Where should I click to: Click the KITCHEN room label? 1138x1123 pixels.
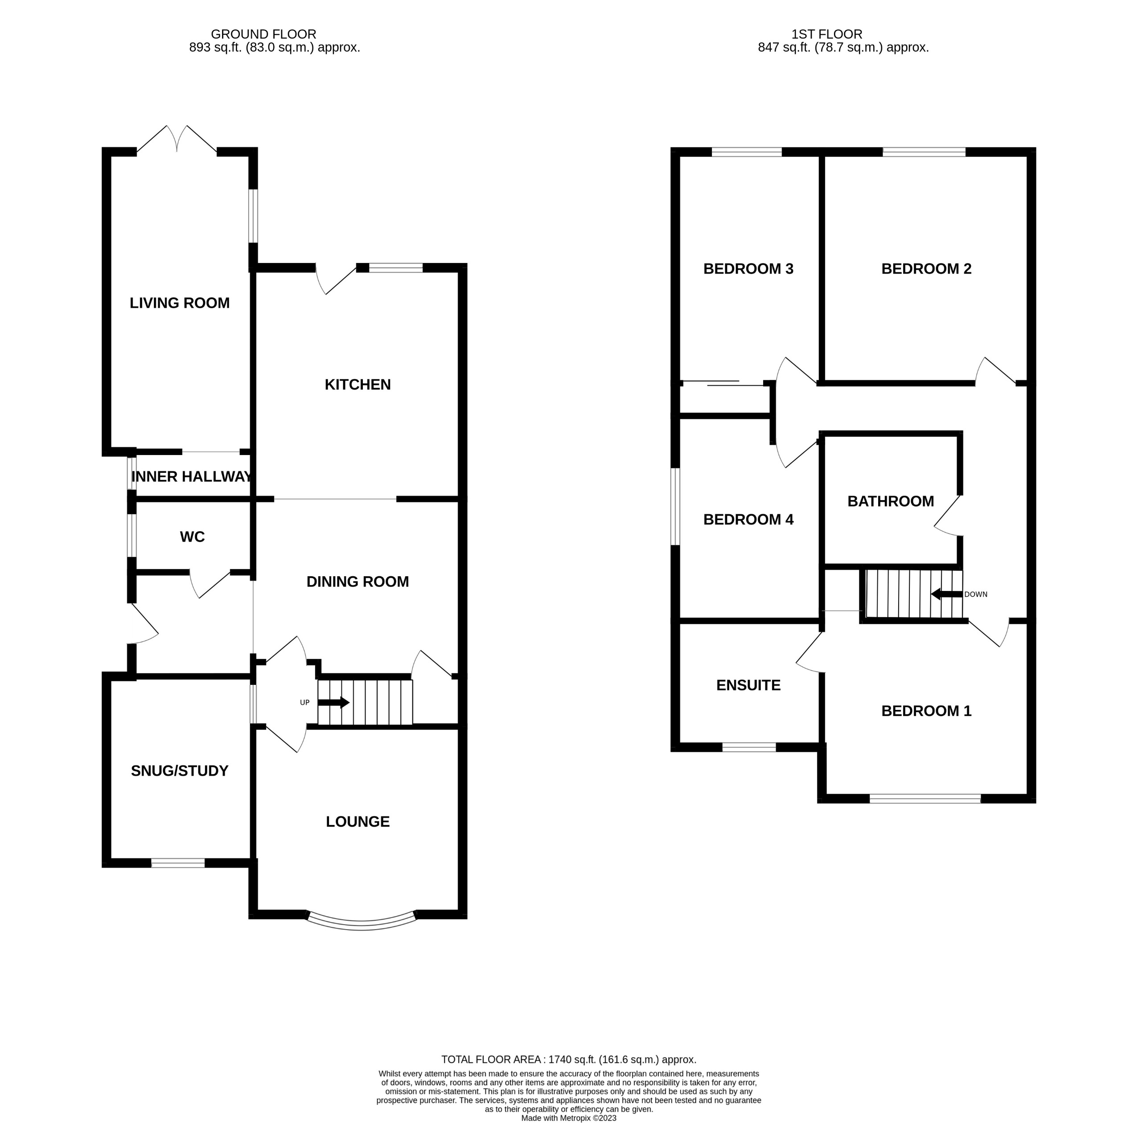click(x=357, y=385)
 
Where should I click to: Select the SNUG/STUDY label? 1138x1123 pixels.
click(x=180, y=771)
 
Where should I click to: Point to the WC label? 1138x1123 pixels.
click(x=192, y=537)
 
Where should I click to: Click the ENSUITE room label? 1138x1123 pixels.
click(x=748, y=685)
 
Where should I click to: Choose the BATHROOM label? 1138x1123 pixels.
click(x=890, y=501)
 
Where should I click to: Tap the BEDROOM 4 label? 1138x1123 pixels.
click(x=748, y=520)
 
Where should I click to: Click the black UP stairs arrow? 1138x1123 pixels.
click(x=333, y=702)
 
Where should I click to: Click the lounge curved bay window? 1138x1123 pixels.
click(x=361, y=923)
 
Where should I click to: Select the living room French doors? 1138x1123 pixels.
click(x=177, y=139)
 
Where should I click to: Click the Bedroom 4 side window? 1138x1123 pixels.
click(x=676, y=506)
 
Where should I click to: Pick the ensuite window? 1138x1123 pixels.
click(x=749, y=747)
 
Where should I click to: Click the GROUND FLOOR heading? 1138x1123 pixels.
click(x=263, y=34)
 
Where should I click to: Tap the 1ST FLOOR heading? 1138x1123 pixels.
click(x=826, y=34)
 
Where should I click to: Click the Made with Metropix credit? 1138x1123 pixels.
click(x=568, y=1118)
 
